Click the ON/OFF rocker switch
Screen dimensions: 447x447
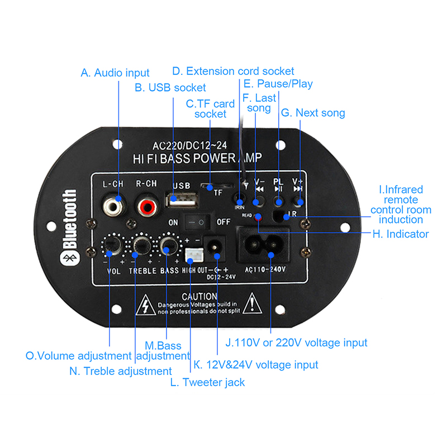pyautogui.click(x=198, y=221)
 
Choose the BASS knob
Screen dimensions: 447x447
pyautogui.click(x=168, y=244)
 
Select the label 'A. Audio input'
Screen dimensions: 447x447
pyautogui.click(x=115, y=73)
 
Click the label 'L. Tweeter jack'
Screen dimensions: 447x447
pyautogui.click(x=207, y=382)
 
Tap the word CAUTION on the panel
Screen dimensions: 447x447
pyautogui.click(x=199, y=296)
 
